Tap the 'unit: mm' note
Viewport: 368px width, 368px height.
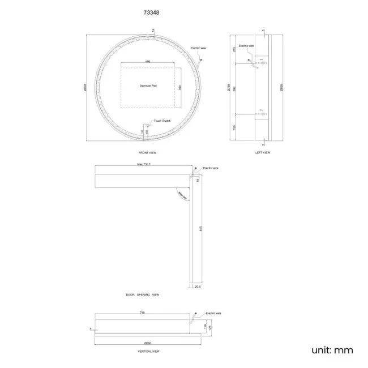(x=332, y=350)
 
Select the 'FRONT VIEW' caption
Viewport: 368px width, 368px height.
(x=147, y=153)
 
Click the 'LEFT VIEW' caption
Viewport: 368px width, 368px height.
(x=263, y=153)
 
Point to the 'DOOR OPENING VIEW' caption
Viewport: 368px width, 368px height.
(x=143, y=295)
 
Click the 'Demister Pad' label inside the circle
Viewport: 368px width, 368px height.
(x=148, y=86)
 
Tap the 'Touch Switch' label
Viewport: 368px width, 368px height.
(x=163, y=121)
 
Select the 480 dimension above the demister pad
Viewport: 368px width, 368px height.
(x=148, y=61)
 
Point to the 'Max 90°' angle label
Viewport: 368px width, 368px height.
(x=182, y=195)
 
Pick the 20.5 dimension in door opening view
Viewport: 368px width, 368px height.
(x=198, y=287)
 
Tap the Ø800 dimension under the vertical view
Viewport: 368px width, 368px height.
(x=147, y=344)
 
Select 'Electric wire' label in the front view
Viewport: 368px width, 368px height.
(x=198, y=49)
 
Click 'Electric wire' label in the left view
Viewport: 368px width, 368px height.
(x=246, y=45)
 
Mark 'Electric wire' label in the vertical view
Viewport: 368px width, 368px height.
(x=213, y=313)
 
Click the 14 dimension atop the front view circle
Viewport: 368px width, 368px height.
(x=153, y=29)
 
